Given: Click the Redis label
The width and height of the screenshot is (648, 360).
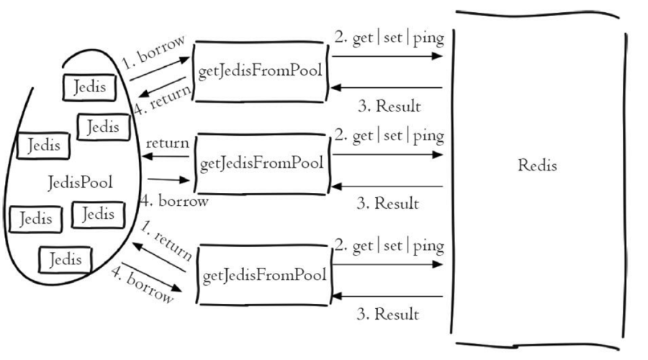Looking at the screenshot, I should [x=537, y=165].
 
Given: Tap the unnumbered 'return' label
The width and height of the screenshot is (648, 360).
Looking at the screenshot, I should [x=168, y=143].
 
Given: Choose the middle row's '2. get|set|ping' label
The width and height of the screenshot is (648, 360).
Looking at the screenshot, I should [x=388, y=135].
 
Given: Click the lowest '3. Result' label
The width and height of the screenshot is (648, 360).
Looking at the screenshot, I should [x=388, y=314].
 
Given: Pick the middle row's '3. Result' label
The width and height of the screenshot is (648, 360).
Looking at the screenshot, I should [x=388, y=204].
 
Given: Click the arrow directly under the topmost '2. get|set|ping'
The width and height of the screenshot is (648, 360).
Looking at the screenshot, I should [x=388, y=55].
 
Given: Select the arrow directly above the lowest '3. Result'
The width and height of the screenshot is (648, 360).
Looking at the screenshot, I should [x=388, y=296].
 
